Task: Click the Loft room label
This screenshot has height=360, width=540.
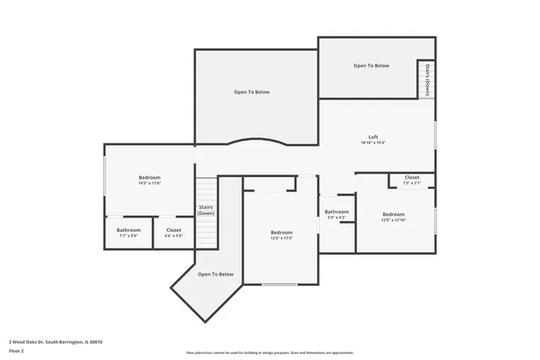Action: coord(372,137)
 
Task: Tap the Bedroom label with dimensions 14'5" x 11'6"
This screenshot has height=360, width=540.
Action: coord(149,177)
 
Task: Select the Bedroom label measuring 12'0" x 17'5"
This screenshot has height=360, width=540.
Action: coord(281,233)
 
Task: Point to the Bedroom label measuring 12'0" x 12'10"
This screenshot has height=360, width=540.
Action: coord(394,214)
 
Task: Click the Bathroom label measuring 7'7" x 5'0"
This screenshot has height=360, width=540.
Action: coord(128,230)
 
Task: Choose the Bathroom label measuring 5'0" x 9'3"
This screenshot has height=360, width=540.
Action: coord(337,212)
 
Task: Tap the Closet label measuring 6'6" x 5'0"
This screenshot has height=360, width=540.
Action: coord(173,230)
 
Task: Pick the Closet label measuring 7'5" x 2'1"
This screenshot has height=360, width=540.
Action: coord(412,177)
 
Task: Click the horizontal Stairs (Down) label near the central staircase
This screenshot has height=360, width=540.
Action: coord(206,210)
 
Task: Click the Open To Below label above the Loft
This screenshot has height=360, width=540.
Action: coord(371,65)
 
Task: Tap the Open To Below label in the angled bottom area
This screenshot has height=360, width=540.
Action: coord(215,274)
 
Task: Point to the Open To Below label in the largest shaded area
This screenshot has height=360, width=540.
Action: coord(251,91)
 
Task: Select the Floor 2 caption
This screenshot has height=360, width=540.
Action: coord(17,352)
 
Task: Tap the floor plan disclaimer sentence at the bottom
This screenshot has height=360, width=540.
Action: coord(269,352)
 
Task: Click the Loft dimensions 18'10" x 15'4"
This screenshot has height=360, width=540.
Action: coord(372,143)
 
